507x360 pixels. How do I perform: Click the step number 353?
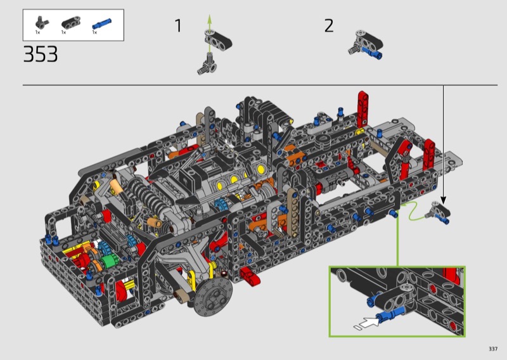pos(41,54)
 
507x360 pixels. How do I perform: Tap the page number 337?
pos(493,349)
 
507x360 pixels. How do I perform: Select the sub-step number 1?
pos(178,25)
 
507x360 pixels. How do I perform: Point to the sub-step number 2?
pos(328,25)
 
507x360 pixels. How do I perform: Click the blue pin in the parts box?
pos(101,24)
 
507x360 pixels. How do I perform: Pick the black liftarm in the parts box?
pos(71,22)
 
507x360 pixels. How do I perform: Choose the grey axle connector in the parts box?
pos(41,22)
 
